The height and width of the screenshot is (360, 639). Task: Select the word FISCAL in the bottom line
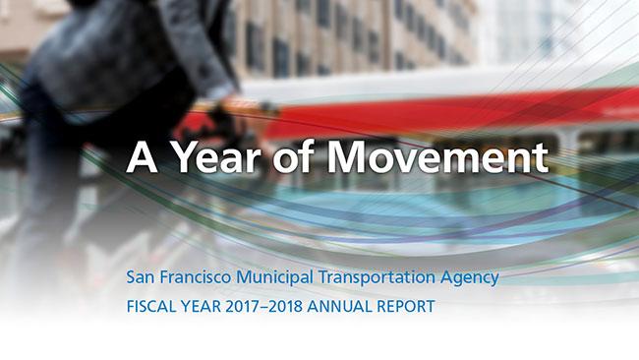[x=154, y=307]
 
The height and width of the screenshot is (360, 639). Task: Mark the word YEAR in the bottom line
[x=208, y=307]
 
